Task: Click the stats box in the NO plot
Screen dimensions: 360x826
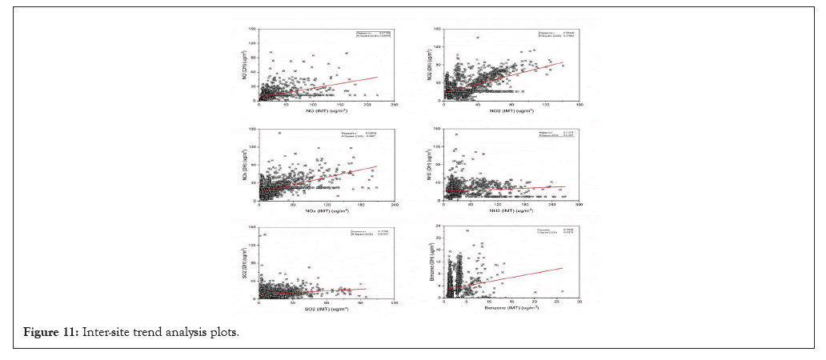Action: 373,34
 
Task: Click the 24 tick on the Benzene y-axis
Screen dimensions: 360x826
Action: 439,227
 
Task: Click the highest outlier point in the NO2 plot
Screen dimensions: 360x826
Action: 478,37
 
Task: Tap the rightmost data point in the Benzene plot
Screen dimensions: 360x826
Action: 563,291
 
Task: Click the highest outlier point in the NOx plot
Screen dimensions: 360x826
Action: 279,133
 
